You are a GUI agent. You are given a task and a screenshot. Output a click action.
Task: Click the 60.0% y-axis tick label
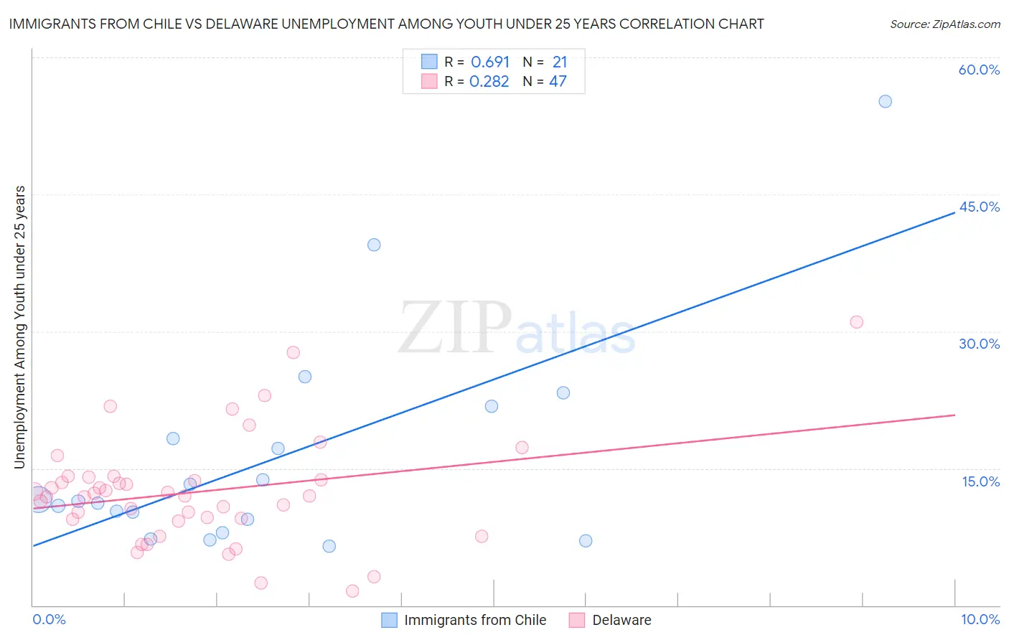pyautogui.click(x=979, y=70)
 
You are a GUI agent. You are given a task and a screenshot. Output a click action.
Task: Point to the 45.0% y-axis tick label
pyautogui.click(x=979, y=207)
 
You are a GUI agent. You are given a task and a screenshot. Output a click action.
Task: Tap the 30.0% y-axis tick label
pyautogui.click(x=979, y=344)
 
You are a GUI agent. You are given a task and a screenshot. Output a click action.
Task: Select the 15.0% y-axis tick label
pyautogui.click(x=980, y=481)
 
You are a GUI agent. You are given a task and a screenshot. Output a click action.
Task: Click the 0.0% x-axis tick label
pyautogui.click(x=49, y=619)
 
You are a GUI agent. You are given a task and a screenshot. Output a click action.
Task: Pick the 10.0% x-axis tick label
pyautogui.click(x=980, y=619)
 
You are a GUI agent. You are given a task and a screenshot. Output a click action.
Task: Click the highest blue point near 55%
pyautogui.click(x=885, y=101)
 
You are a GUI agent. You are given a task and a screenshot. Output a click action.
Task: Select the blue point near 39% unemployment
pyautogui.click(x=374, y=245)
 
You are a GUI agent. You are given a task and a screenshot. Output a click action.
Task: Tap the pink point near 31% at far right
pyautogui.click(x=856, y=322)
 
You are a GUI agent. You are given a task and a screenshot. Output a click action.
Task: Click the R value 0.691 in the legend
pyautogui.click(x=490, y=62)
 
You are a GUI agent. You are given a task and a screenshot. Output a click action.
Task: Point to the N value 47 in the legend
pyautogui.click(x=558, y=82)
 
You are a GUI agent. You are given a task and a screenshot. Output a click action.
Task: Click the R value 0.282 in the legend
pyautogui.click(x=489, y=82)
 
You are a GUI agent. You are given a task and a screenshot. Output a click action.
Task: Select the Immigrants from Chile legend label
pyautogui.click(x=475, y=620)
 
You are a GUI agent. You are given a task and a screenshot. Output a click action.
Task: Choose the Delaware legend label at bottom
pyautogui.click(x=621, y=620)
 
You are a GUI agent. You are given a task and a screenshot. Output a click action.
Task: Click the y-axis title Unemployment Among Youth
pyautogui.click(x=19, y=327)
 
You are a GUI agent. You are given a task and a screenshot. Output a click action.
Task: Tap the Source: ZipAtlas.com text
pyautogui.click(x=944, y=24)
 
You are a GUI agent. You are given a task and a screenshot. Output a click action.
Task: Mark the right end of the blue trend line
pyautogui.click(x=954, y=212)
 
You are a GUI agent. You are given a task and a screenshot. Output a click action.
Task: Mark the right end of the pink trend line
pyautogui.click(x=954, y=415)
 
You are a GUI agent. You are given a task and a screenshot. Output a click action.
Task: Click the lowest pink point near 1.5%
pyautogui.click(x=352, y=591)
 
